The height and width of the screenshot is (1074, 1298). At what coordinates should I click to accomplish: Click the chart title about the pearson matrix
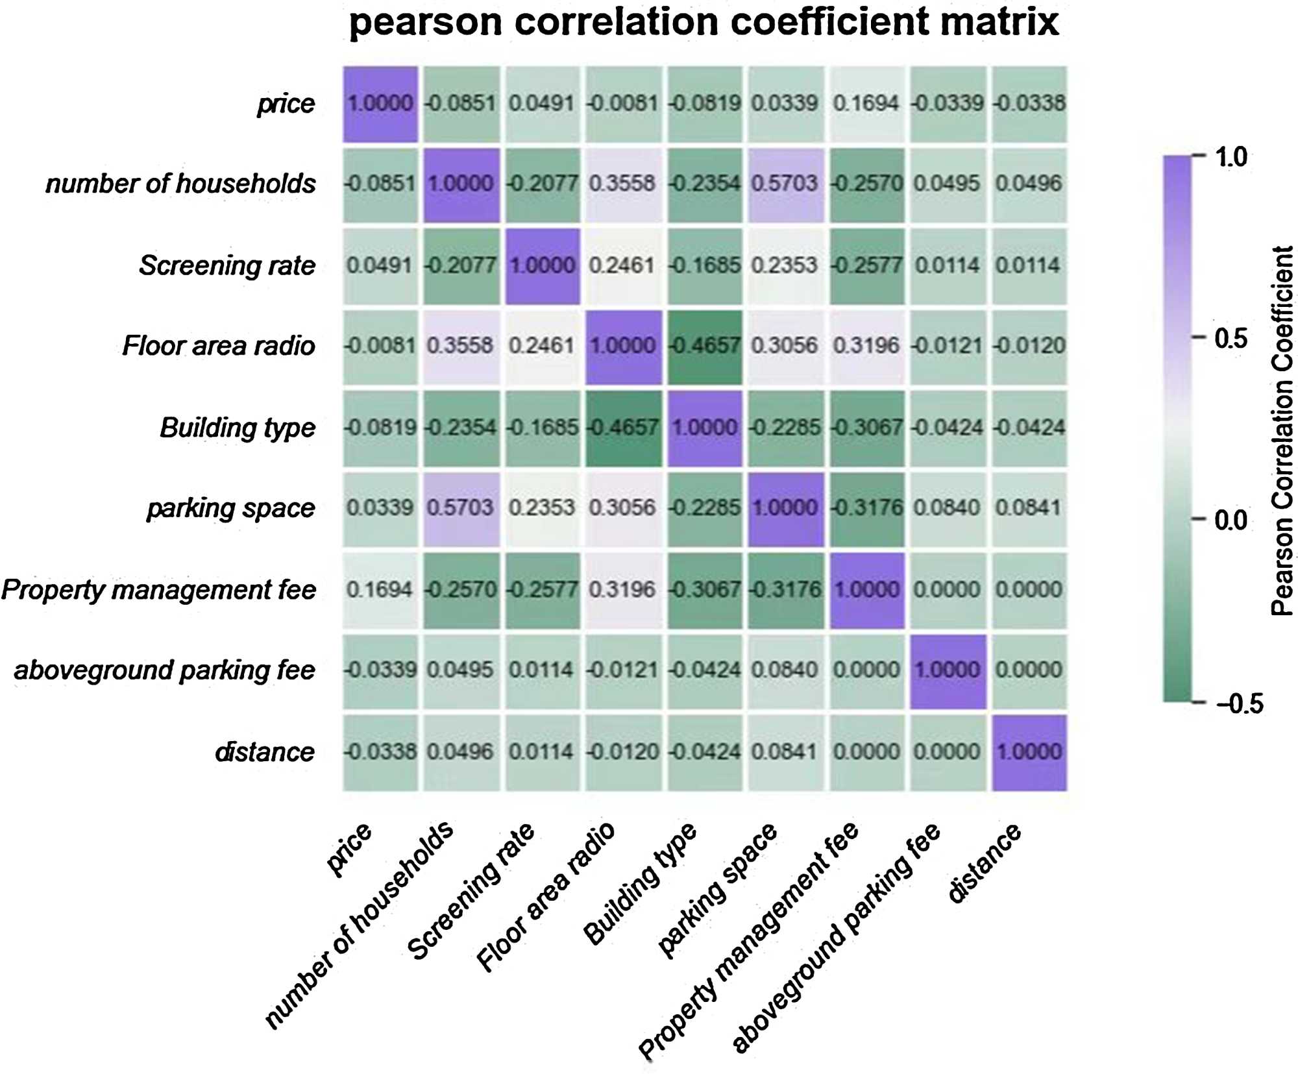(704, 22)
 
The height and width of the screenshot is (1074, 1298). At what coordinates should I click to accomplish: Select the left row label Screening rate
(227, 265)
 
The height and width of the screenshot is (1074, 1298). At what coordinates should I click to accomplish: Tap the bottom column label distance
(984, 862)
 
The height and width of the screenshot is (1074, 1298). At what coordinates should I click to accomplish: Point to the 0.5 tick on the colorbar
(1231, 338)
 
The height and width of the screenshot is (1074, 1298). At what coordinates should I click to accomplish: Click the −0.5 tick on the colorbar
(1239, 703)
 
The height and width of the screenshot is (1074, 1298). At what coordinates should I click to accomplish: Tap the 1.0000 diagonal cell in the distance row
(1029, 752)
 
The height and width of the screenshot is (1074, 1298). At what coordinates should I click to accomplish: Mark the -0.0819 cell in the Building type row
(380, 428)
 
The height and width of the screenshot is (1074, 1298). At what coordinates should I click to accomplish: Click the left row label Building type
(238, 428)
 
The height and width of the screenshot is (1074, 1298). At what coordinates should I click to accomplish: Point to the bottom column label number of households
(360, 924)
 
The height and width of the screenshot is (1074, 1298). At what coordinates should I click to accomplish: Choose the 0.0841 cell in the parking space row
(1029, 508)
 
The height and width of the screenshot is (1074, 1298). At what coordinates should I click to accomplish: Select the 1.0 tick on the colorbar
(1231, 157)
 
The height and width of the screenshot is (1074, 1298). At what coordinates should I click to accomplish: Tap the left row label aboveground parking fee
(165, 670)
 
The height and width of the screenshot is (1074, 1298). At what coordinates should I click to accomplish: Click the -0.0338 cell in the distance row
(380, 752)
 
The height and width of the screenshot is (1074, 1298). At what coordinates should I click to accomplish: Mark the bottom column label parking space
(717, 890)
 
